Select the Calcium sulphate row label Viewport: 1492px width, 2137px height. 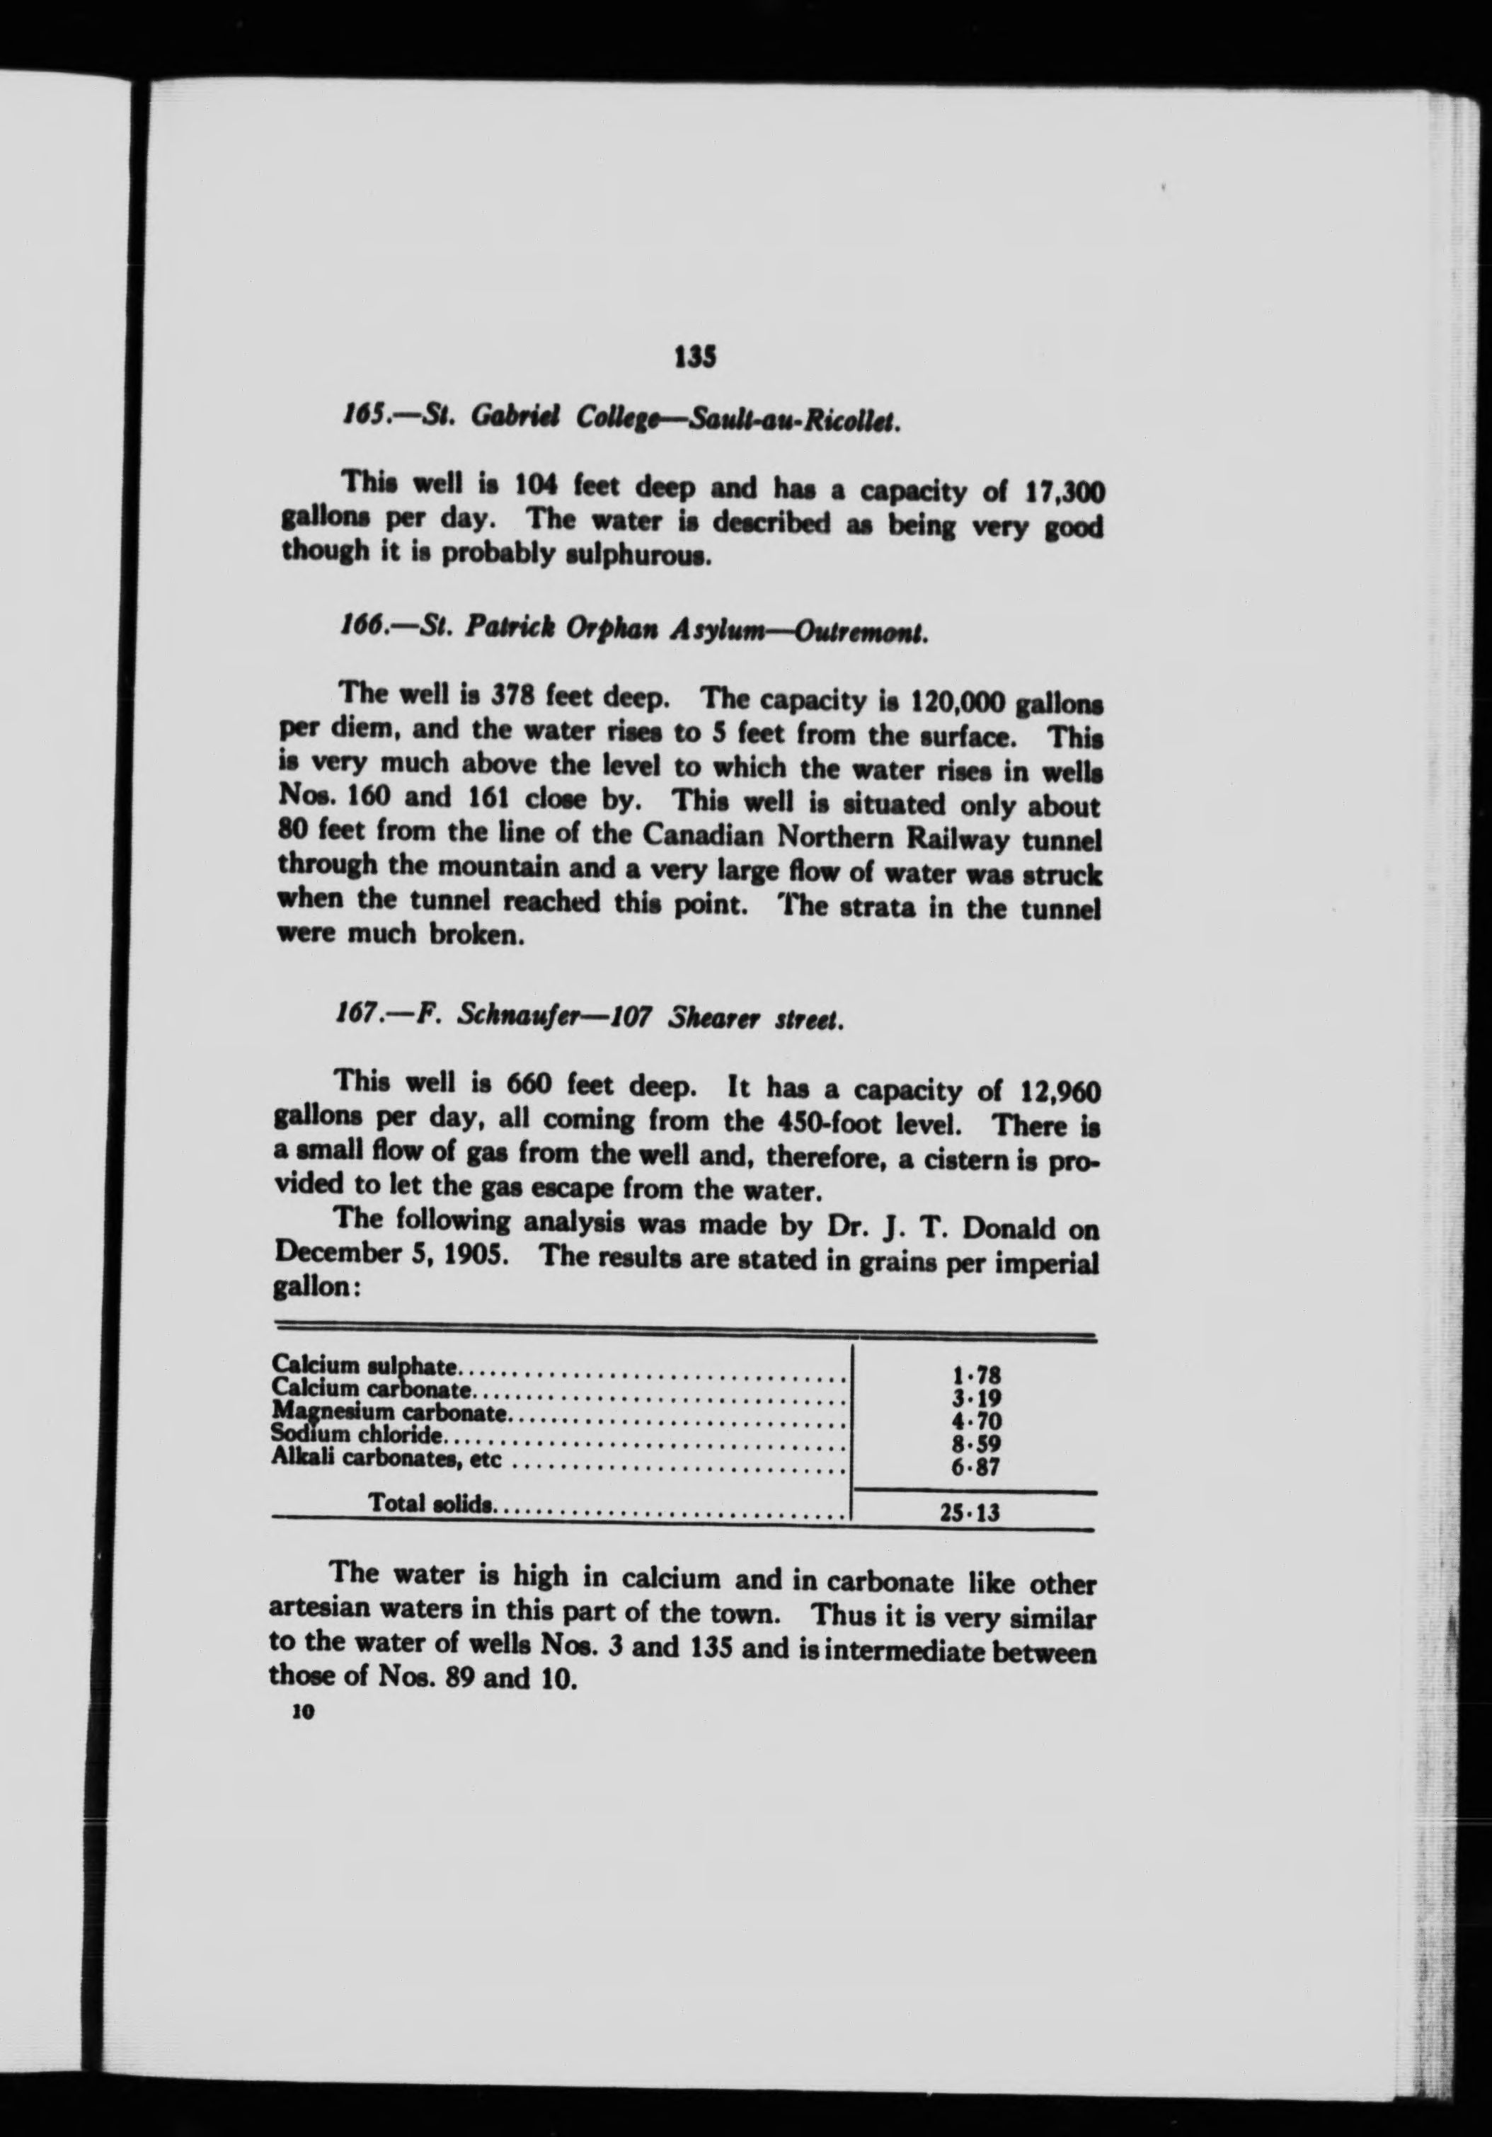(x=364, y=1366)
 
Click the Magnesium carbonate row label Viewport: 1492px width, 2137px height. (x=389, y=1414)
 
